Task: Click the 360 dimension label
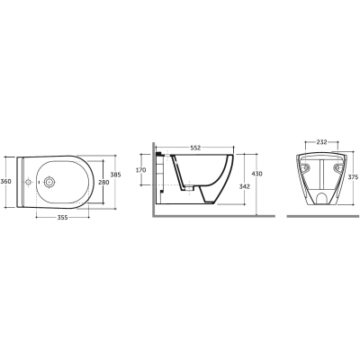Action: point(5,182)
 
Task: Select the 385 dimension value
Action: point(115,175)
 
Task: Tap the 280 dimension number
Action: point(104,182)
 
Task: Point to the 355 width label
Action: point(62,218)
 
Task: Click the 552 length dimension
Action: point(195,148)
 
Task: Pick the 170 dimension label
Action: point(141,170)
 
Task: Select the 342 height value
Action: point(245,186)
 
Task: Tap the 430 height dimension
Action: point(257,174)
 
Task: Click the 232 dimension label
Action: point(321,142)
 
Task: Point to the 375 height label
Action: point(354,177)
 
